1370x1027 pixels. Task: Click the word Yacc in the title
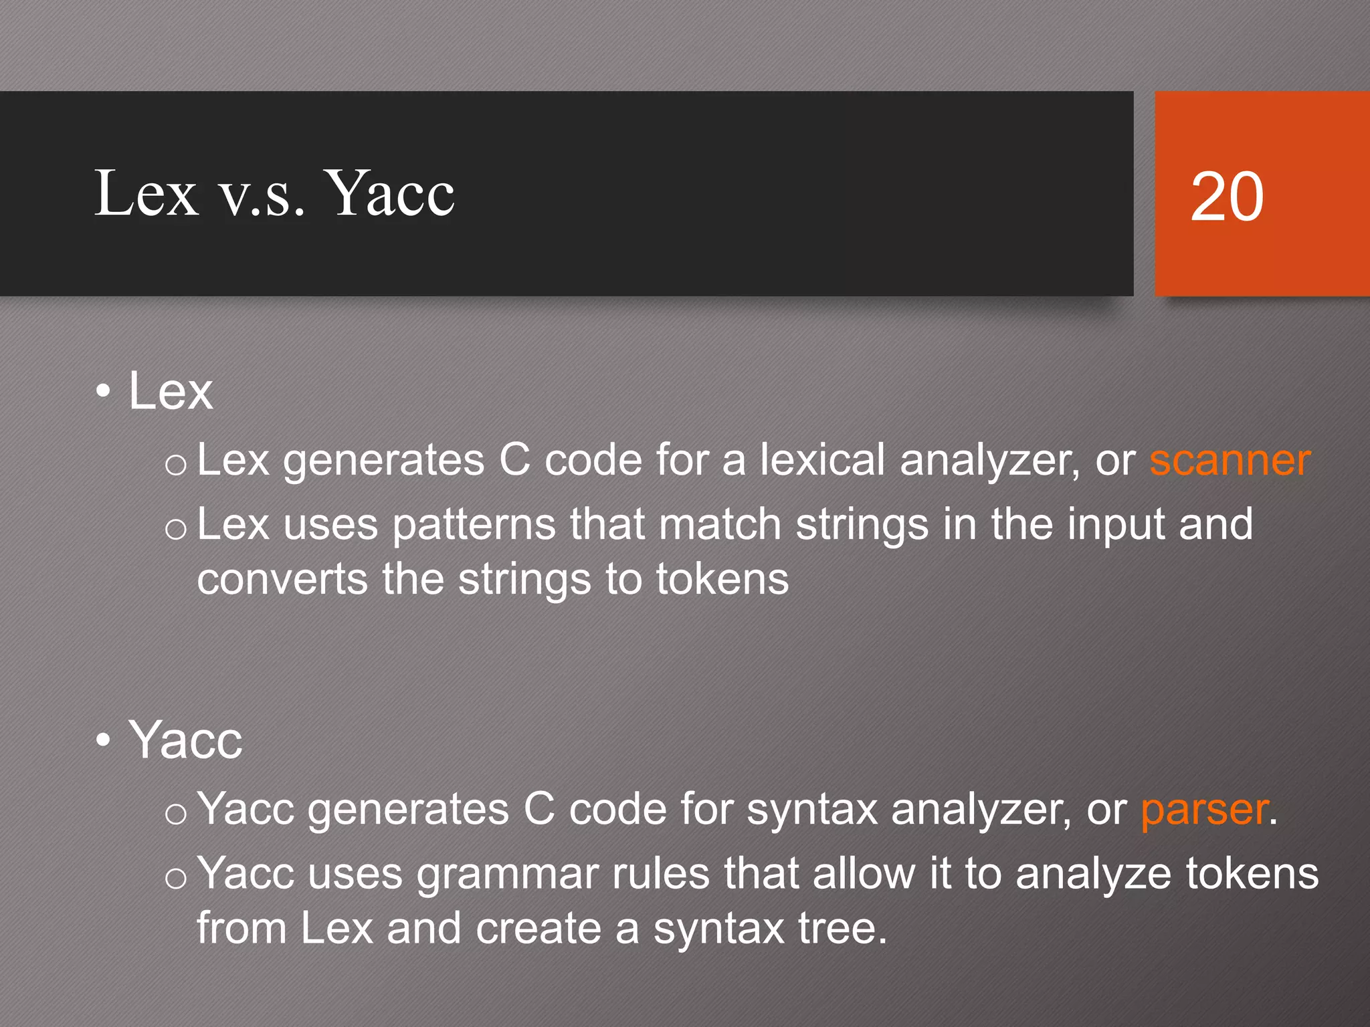(392, 193)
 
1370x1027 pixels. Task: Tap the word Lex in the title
(146, 193)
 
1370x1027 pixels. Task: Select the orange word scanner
(1230, 461)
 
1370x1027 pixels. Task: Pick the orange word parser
(1203, 810)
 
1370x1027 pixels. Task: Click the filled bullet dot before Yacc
(103, 740)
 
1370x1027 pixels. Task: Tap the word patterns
(474, 525)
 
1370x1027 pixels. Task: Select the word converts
(282, 579)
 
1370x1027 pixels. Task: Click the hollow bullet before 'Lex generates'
(175, 464)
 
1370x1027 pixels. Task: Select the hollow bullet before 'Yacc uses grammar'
(175, 878)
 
